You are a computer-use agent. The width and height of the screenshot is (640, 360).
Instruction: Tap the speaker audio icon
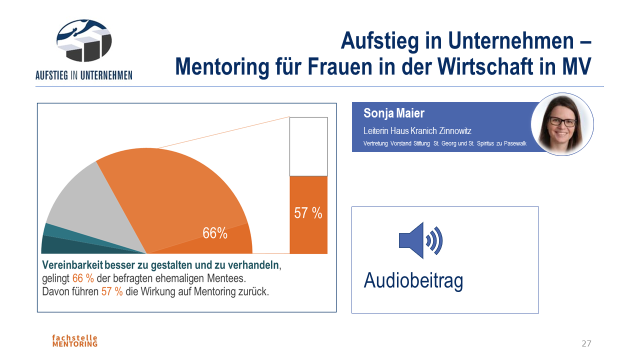[420, 240]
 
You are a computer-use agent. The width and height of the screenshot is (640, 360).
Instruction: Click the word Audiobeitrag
[413, 280]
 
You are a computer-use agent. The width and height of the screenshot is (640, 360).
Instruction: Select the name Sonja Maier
[394, 113]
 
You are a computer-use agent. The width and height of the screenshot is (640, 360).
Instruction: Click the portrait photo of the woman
[562, 124]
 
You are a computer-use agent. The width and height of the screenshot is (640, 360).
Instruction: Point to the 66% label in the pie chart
[215, 233]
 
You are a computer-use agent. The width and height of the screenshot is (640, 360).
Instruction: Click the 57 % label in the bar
[308, 213]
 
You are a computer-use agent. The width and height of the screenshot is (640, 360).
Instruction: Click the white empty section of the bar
[308, 146]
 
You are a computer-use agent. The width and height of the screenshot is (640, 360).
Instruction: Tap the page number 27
[586, 343]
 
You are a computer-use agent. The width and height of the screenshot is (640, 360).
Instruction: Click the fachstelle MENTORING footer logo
[75, 341]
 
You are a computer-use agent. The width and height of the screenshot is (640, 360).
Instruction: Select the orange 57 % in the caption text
[112, 292]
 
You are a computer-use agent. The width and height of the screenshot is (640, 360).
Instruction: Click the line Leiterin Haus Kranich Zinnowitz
[417, 131]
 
